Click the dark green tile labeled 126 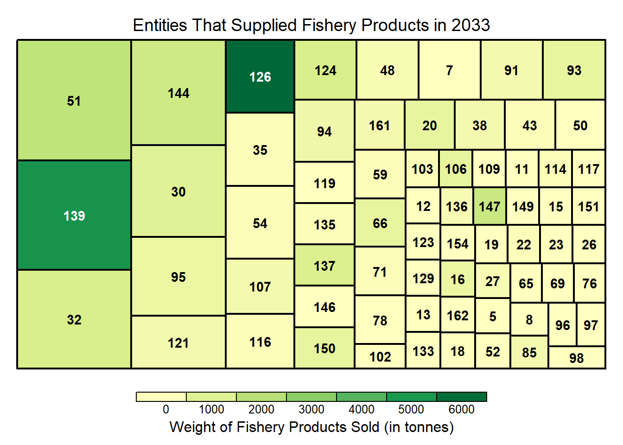(260, 76)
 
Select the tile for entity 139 (74, 216)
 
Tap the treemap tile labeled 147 (489, 206)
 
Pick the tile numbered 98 (577, 358)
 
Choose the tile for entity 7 (449, 70)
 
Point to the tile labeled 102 (380, 356)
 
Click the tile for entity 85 (529, 352)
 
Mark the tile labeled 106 (456, 169)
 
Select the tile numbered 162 (458, 316)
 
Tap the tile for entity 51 (74, 101)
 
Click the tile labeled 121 (178, 343)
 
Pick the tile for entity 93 (574, 70)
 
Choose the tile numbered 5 (493, 316)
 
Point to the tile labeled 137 (324, 266)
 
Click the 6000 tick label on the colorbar (461, 409)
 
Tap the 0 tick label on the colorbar (166, 409)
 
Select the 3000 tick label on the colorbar (311, 409)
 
